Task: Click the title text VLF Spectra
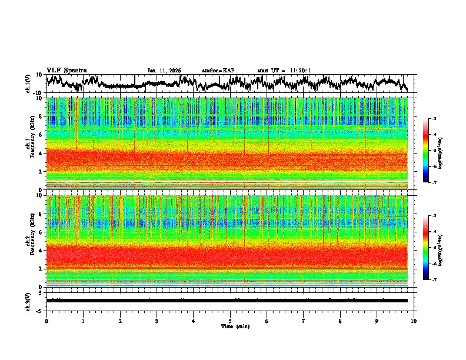(66, 70)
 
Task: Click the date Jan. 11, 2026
(164, 71)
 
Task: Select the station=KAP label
(218, 71)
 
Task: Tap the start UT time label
(284, 71)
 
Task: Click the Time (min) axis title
(234, 326)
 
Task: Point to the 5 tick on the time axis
(230, 321)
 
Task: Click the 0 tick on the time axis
(46, 321)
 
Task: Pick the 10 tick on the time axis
(414, 321)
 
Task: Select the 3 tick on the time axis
(157, 321)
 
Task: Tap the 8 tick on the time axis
(340, 321)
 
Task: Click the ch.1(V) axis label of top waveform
(29, 84)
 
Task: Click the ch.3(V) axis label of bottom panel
(29, 300)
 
